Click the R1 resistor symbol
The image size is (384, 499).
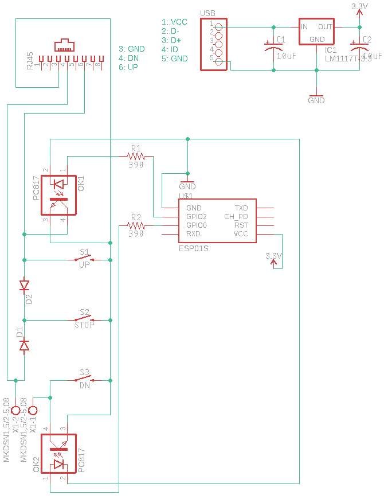[136, 155]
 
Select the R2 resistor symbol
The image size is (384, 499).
[136, 226]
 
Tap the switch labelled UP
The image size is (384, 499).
[85, 259]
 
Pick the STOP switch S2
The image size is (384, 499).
[85, 319]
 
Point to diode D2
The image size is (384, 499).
[24, 285]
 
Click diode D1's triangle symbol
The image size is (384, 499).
[24, 345]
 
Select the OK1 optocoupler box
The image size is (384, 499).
[58, 195]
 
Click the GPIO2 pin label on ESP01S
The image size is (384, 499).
[197, 217]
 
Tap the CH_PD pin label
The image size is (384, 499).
[236, 217]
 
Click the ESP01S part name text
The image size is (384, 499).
[194, 248]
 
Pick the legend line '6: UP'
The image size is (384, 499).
[130, 67]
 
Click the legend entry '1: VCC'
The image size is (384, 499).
[174, 22]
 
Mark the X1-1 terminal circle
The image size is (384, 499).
[33, 411]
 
